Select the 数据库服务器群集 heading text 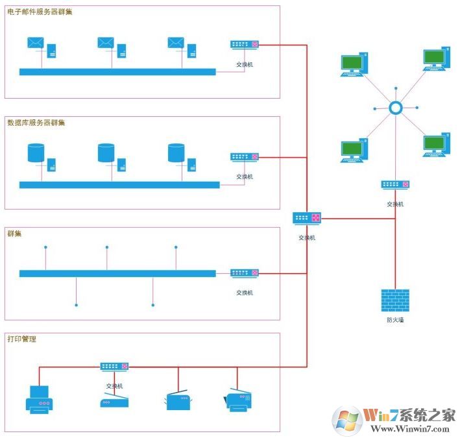(36, 123)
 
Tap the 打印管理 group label (21, 339)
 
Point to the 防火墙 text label (394, 320)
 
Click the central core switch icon (307, 218)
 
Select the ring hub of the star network (396, 108)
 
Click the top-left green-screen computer (354, 65)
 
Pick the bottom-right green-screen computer (435, 144)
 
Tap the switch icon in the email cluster (245, 45)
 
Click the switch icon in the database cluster (245, 157)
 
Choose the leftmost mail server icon (36, 43)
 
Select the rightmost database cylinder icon (176, 153)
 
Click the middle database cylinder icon (106, 153)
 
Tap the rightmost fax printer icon (238, 401)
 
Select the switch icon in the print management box (114, 367)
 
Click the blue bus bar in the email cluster (117, 72)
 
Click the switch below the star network (395, 185)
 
